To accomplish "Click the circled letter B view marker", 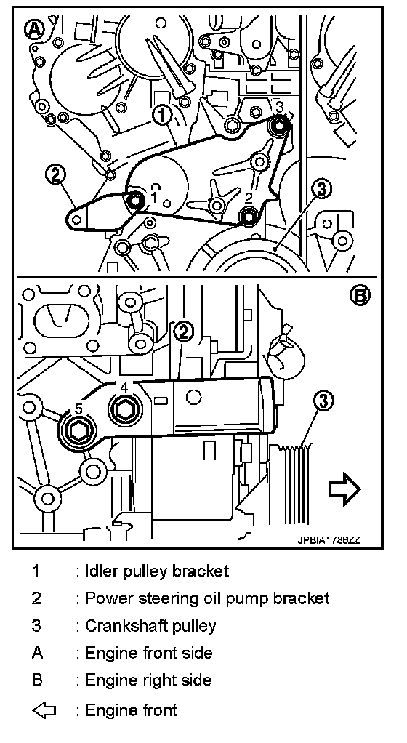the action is click(360, 296).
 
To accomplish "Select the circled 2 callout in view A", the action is click(55, 175).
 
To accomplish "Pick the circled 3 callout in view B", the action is click(323, 401).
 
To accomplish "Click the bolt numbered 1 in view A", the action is click(136, 201).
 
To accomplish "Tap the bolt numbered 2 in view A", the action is click(247, 216).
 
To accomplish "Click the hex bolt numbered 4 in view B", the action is click(124, 409).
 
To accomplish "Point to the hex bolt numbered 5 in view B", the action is click(76, 430).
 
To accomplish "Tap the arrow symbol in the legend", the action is click(44, 710).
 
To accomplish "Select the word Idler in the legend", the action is click(102, 571).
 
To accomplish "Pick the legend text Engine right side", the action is click(148, 681).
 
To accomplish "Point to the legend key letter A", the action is click(37, 654).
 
